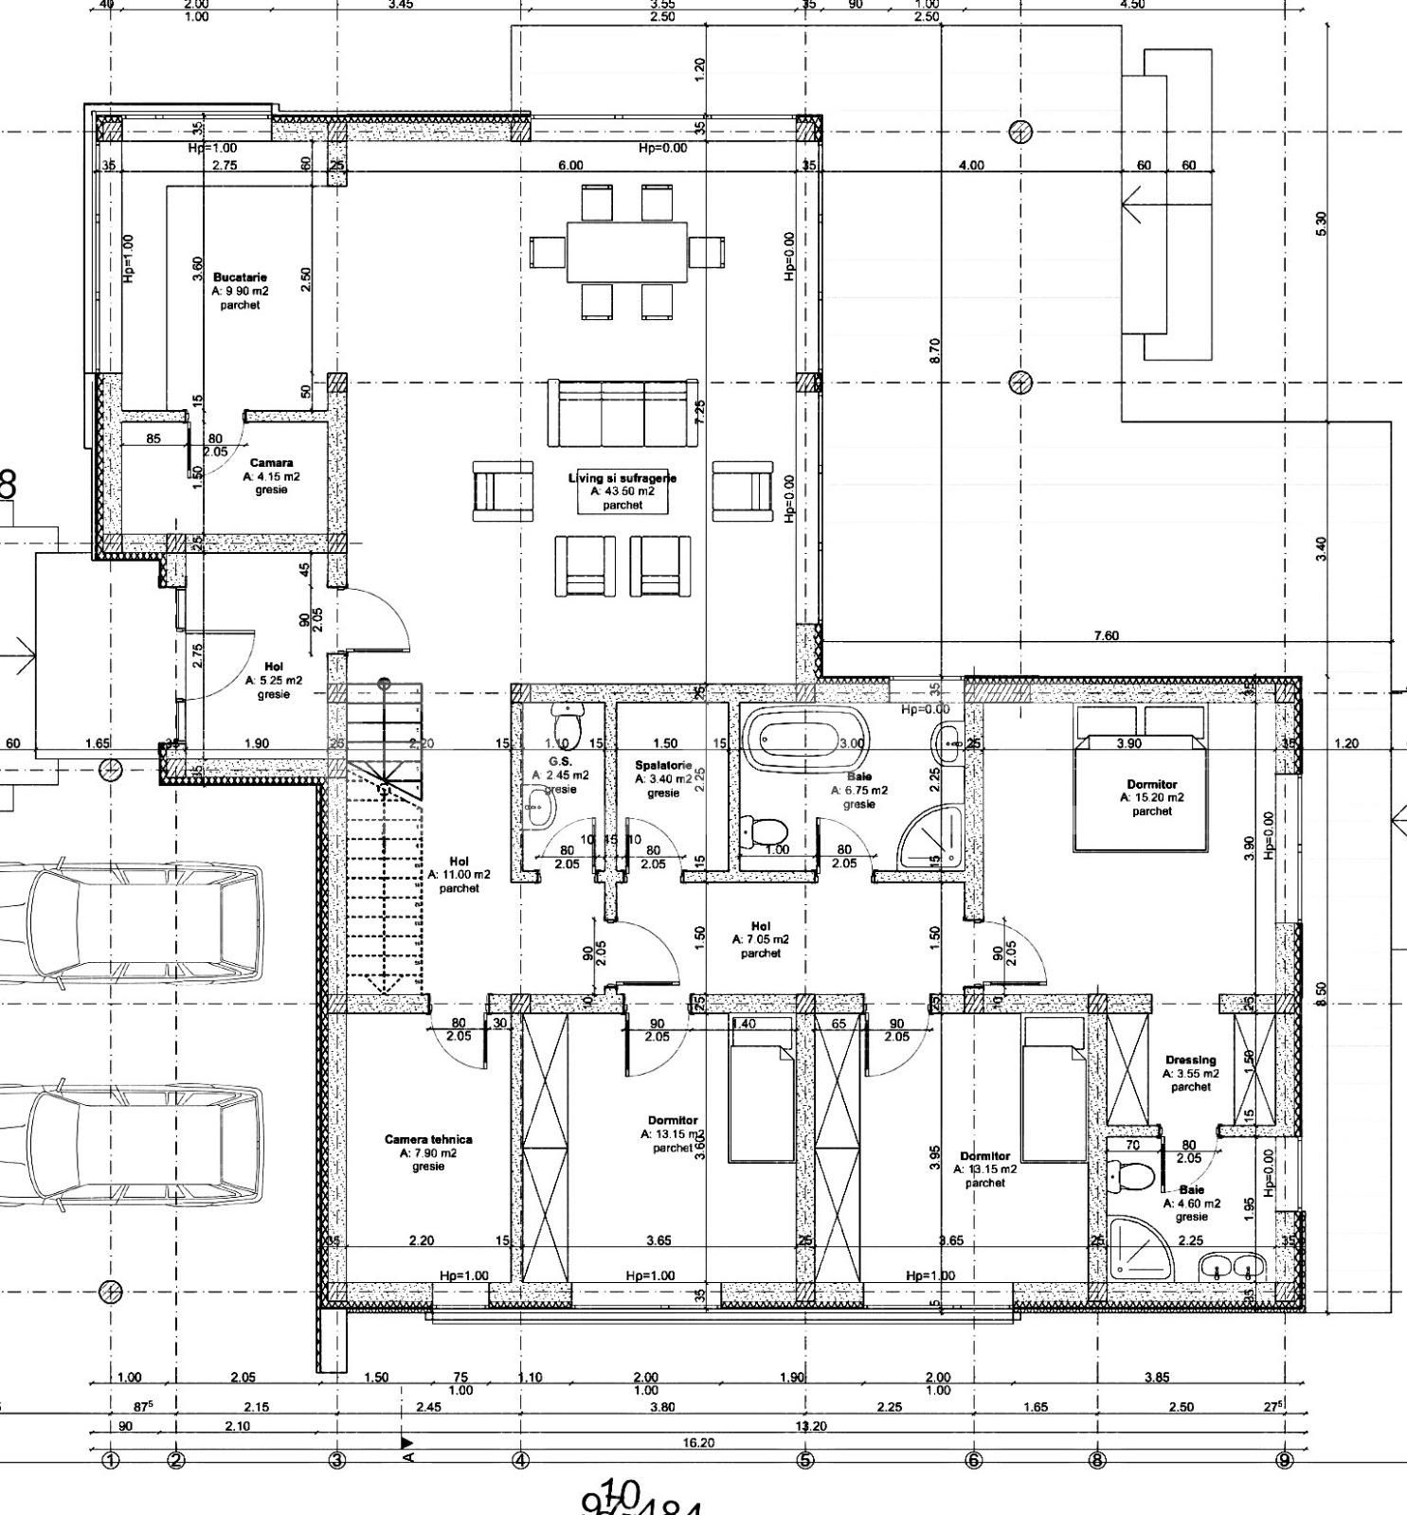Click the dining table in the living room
point(627,252)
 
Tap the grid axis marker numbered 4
point(520,1460)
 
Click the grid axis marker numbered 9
point(1285,1460)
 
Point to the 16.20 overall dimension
point(697,1442)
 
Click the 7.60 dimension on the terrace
point(1106,635)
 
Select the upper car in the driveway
point(133,923)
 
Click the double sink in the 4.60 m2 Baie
point(1232,1267)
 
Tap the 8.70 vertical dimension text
point(935,351)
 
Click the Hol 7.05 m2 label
point(760,939)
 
